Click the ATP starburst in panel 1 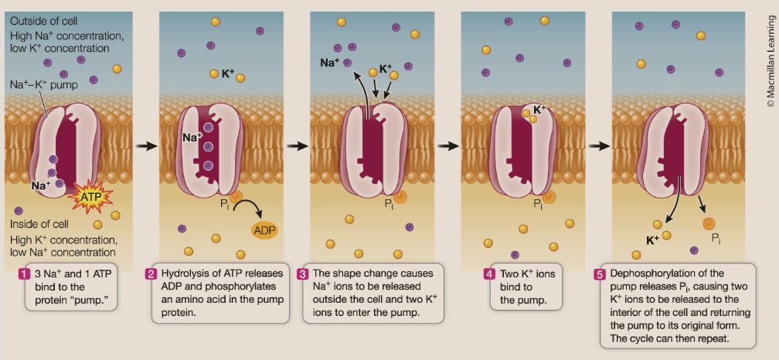[91, 198]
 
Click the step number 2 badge [151, 274]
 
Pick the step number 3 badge [303, 274]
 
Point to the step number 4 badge [488, 274]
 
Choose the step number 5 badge [599, 274]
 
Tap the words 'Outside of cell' [39, 21]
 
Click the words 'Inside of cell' [36, 225]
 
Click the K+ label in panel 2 [227, 74]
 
